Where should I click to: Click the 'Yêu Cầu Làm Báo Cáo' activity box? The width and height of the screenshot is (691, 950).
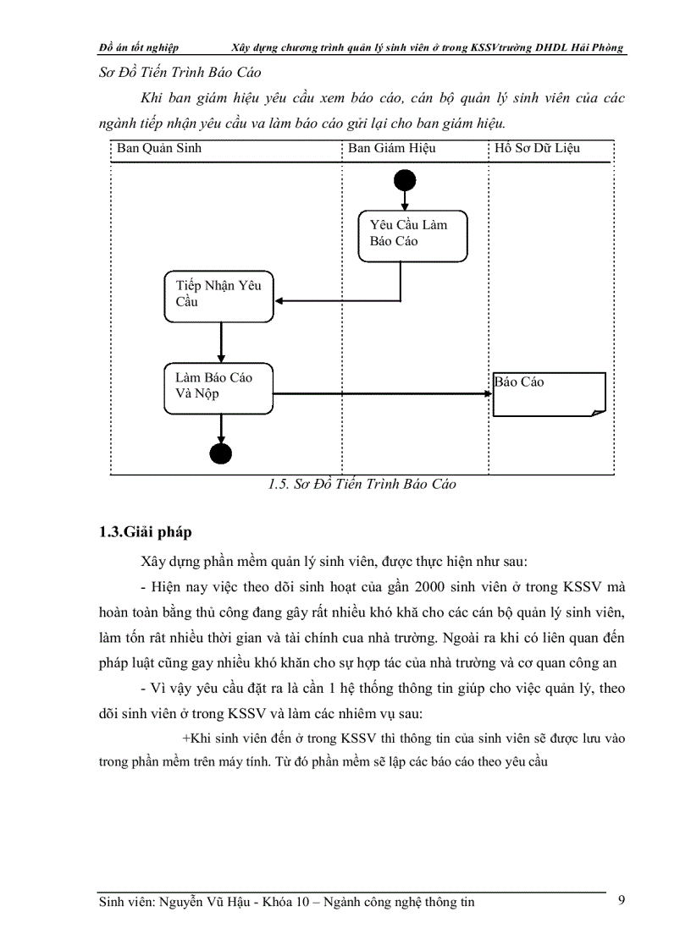point(412,236)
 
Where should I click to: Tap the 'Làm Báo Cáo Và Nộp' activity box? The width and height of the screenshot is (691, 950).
point(219,388)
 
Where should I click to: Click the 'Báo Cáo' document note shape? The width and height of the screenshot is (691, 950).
point(549,393)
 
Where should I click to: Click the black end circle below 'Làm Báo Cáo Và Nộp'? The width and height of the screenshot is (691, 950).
point(221,453)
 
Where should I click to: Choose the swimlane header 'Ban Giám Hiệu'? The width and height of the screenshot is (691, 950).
point(391,149)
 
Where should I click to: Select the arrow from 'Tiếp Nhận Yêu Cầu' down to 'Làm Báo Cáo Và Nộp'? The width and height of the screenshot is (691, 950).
point(221,343)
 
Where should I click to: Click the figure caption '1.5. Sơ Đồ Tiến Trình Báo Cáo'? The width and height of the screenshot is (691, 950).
point(362,485)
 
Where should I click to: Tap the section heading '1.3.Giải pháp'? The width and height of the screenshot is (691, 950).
point(145,532)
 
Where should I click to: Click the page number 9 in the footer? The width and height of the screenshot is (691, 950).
point(622,900)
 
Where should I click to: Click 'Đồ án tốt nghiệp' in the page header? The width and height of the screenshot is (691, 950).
point(138,47)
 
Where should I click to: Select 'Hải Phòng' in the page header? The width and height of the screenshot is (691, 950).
point(598,47)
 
